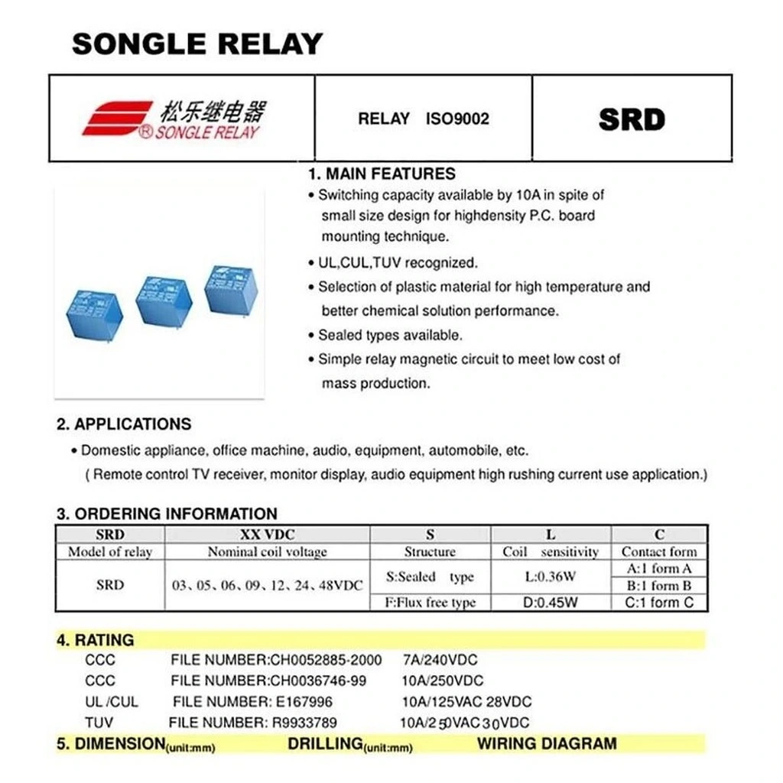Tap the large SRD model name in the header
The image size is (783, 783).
coord(632,120)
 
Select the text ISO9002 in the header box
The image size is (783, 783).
coord(457,119)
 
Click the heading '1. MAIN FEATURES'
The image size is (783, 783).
coord(382,174)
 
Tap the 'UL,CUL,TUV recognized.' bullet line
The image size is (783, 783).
coord(398,263)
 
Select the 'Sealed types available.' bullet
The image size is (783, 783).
coord(390,335)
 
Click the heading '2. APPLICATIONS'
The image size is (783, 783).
coord(124,424)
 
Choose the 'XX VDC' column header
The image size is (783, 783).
coord(267,534)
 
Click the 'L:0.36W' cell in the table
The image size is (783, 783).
coord(551,577)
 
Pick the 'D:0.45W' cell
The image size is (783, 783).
coord(551,603)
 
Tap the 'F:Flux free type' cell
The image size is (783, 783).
coord(430,603)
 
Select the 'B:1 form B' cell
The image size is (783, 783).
coord(659,586)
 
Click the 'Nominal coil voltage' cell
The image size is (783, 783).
coord(267,552)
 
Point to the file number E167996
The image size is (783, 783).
coord(302,702)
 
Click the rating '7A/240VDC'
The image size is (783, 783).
coord(440,660)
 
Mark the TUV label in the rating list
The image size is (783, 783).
coord(99,723)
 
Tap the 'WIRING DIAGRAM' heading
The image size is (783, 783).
coord(547,743)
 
